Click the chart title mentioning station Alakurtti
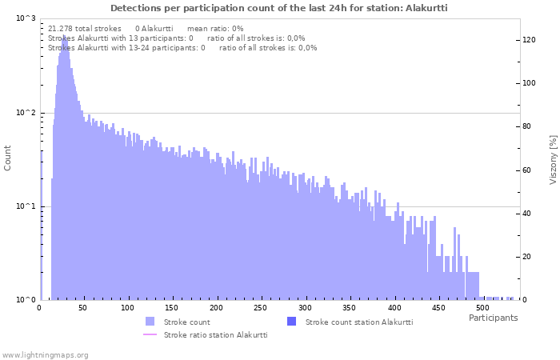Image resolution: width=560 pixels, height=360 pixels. pyautogui.click(x=279, y=7)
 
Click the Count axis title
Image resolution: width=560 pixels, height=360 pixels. pyautogui.click(x=8, y=158)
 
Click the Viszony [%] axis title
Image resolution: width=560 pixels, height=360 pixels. pyautogui.click(x=553, y=159)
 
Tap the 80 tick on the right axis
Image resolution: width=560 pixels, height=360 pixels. pyautogui.click(x=528, y=126)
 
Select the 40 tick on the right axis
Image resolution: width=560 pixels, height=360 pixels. pyautogui.click(x=528, y=213)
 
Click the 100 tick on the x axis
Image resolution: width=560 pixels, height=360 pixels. pyautogui.click(x=128, y=307)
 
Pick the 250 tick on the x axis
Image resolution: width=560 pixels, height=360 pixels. pyautogui.click(x=261, y=307)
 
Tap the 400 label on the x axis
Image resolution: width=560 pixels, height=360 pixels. pyautogui.click(x=394, y=307)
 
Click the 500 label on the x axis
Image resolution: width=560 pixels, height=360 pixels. pyautogui.click(x=482, y=307)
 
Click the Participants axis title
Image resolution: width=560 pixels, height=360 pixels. pyautogui.click(x=493, y=318)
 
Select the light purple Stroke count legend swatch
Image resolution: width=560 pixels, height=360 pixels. pyautogui.click(x=150, y=322)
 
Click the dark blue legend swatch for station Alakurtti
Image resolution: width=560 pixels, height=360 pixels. pyautogui.click(x=291, y=322)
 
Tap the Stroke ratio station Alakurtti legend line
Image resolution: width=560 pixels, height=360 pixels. pyautogui.click(x=150, y=335)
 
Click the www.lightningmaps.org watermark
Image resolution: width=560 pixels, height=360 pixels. pyautogui.click(x=45, y=354)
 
